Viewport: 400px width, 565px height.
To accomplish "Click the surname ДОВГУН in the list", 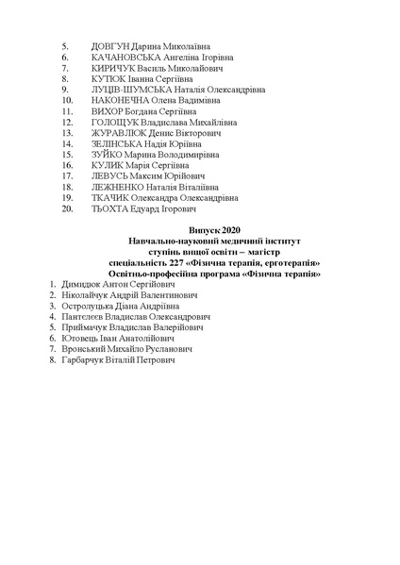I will point(113,45).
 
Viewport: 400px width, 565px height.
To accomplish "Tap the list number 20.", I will point(66,210).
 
